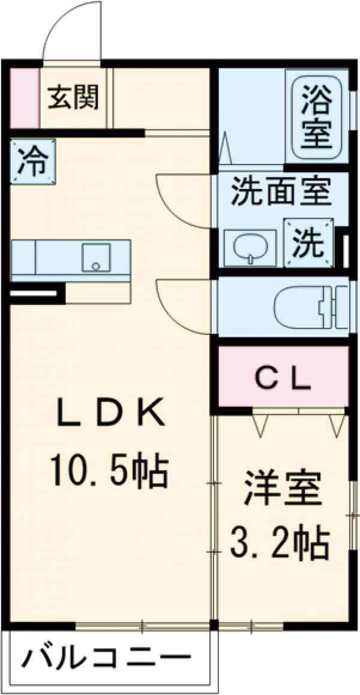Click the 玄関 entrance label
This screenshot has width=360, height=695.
click(73, 97)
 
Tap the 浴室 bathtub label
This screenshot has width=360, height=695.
click(316, 118)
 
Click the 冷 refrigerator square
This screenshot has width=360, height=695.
click(32, 161)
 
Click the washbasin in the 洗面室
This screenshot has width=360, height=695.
click(248, 247)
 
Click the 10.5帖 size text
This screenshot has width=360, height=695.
click(108, 471)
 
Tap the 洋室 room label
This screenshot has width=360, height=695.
click(282, 491)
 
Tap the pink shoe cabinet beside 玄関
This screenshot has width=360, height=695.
click(23, 97)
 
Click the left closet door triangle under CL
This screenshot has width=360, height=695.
click(260, 424)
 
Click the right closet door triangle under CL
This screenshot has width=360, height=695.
click(336, 424)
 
